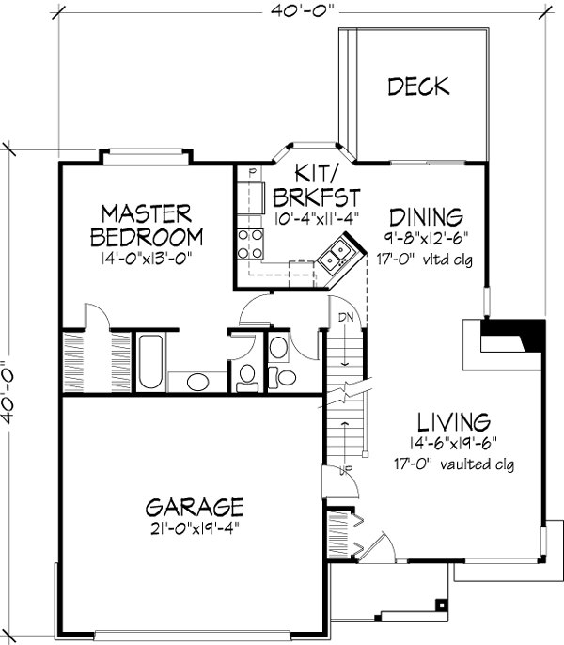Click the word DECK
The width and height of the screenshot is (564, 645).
[x=418, y=87]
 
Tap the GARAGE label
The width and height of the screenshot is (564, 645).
[x=195, y=507]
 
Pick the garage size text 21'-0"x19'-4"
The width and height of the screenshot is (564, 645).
[x=196, y=529]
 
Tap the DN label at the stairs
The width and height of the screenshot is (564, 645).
[x=346, y=316]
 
